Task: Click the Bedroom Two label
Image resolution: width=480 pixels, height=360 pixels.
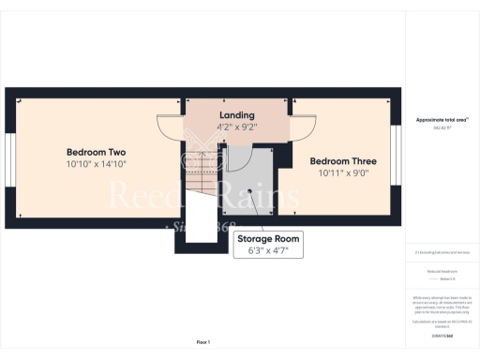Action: tap(96, 152)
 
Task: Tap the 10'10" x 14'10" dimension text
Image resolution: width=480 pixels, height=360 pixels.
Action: tap(96, 164)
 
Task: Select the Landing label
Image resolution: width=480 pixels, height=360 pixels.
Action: tap(236, 115)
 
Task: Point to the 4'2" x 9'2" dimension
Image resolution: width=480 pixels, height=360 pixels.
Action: tap(236, 127)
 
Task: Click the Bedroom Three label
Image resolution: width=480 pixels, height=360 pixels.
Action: tap(343, 159)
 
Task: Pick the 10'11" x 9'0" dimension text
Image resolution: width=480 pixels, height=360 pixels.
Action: tap(343, 172)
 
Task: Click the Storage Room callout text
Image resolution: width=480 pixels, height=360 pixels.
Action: tap(267, 239)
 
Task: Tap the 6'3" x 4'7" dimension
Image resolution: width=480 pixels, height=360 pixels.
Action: tap(267, 250)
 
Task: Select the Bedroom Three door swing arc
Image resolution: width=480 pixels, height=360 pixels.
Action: tap(302, 127)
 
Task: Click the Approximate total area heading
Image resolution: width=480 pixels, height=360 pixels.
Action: tap(441, 120)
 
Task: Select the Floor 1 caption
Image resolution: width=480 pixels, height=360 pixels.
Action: tap(203, 341)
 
